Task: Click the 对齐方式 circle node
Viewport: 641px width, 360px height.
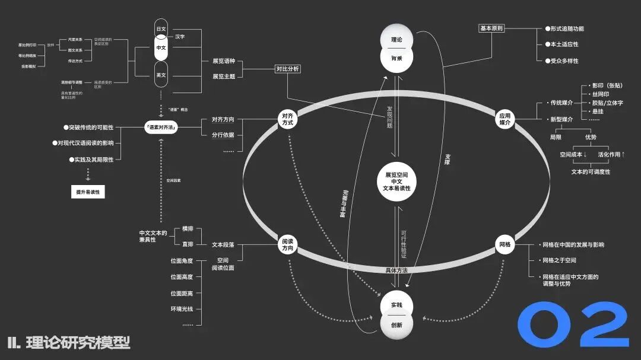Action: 288,119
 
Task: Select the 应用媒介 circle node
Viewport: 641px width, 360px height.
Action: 504,119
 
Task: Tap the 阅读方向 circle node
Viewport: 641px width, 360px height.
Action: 288,244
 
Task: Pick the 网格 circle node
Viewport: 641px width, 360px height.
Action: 504,244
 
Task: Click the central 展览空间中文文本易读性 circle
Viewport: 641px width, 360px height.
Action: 396,181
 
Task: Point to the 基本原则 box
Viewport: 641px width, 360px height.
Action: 491,28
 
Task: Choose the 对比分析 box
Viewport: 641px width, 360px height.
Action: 287,69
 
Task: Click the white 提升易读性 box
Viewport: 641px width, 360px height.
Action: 87,192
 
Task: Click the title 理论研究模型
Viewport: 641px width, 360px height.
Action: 77,342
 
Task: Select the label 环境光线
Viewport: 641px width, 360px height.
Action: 182,309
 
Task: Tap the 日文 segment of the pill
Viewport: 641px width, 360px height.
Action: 161,29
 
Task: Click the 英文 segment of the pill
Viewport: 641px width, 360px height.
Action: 161,75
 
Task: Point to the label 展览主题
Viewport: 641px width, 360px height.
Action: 224,77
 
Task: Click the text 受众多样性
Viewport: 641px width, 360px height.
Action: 564,60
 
